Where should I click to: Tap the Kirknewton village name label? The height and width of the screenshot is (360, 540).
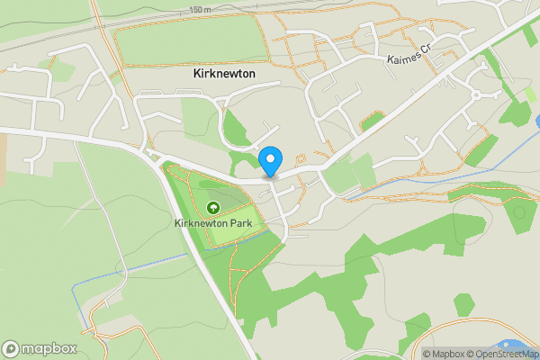click(x=224, y=74)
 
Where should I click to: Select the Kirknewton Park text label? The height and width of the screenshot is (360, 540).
click(x=213, y=223)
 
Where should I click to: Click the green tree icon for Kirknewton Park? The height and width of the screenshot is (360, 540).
click(x=212, y=207)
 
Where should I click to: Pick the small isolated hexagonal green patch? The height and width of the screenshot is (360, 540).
click(x=463, y=304)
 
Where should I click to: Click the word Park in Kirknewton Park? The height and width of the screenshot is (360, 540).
click(x=239, y=223)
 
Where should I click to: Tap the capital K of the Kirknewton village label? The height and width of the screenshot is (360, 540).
click(x=197, y=74)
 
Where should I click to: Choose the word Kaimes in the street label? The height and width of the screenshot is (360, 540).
click(x=403, y=60)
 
